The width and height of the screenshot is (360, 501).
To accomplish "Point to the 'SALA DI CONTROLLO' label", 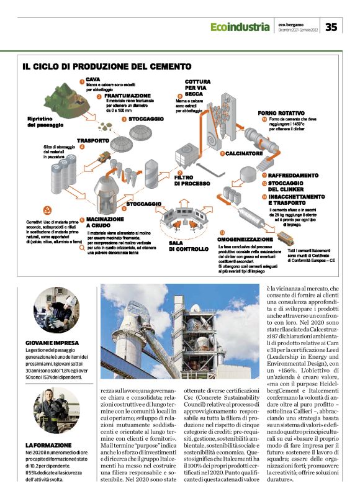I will [x=188, y=245].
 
